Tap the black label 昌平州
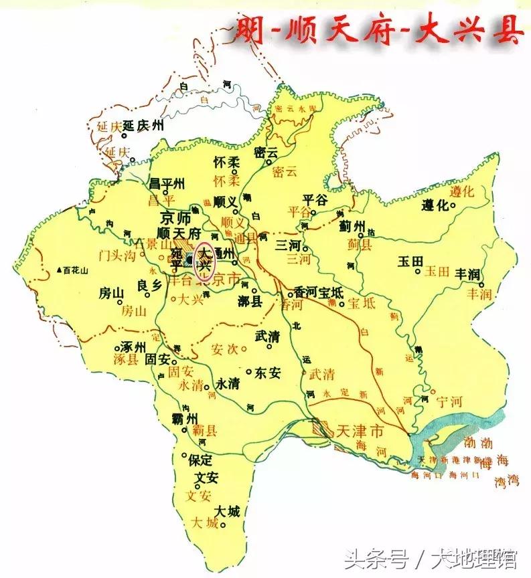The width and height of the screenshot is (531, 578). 166,183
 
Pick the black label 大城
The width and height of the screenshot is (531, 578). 228,512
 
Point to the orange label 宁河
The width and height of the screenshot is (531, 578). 449,402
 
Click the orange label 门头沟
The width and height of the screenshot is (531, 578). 117,254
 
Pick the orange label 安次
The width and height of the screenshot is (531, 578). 224,349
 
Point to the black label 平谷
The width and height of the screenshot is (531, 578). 315,199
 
